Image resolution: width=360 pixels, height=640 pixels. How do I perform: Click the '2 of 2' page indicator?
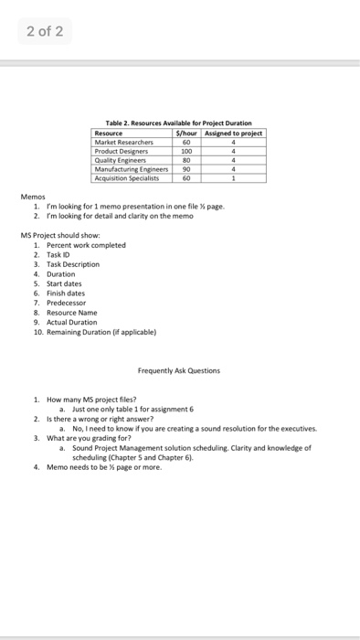(43, 32)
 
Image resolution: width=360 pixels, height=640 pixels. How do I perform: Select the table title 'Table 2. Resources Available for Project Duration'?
(179, 124)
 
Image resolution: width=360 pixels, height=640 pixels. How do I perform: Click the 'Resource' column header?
(110, 133)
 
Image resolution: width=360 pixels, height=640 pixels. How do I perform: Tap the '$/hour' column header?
(187, 133)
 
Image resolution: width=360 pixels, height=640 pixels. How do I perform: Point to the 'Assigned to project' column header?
(234, 133)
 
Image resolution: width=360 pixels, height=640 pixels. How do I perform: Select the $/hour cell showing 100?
(187, 152)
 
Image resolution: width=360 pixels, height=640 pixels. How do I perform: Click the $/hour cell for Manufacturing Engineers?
(187, 169)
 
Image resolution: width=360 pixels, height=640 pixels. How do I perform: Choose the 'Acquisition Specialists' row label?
(129, 177)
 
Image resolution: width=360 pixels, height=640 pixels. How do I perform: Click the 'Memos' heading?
(32, 197)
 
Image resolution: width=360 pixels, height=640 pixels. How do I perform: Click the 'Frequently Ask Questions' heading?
(178, 370)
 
